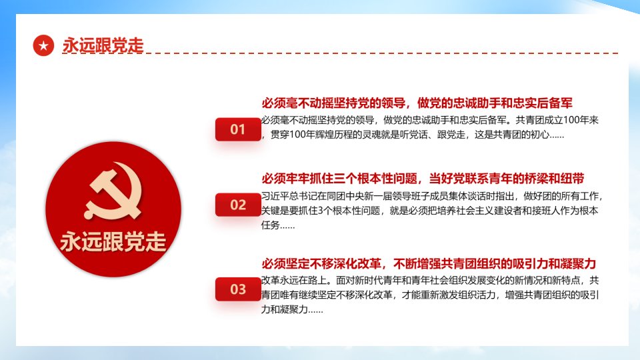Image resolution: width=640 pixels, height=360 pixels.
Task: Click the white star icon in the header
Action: [x=44, y=45]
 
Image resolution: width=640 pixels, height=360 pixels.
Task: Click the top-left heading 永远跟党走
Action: [x=103, y=45]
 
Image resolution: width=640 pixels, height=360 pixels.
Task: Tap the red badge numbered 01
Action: [x=238, y=129]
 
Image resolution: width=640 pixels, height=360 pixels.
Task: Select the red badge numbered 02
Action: [x=238, y=205]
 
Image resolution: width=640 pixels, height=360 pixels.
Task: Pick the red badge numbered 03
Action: [x=238, y=289]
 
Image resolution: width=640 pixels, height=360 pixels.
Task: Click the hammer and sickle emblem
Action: [x=113, y=191]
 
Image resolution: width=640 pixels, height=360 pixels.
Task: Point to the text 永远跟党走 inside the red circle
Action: [x=113, y=241]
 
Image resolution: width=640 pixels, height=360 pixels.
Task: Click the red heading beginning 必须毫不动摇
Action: [x=417, y=103]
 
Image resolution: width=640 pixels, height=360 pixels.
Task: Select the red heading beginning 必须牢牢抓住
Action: [x=423, y=179]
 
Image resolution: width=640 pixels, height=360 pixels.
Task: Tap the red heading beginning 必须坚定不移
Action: [x=429, y=264]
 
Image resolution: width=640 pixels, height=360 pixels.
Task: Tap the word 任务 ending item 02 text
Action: [x=271, y=225]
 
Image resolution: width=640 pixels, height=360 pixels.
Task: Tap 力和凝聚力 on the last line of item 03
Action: [x=285, y=309]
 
